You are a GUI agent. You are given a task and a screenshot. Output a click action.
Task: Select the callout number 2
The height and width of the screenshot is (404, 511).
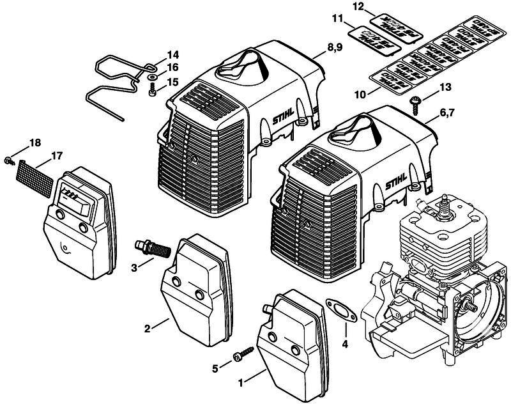147,329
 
